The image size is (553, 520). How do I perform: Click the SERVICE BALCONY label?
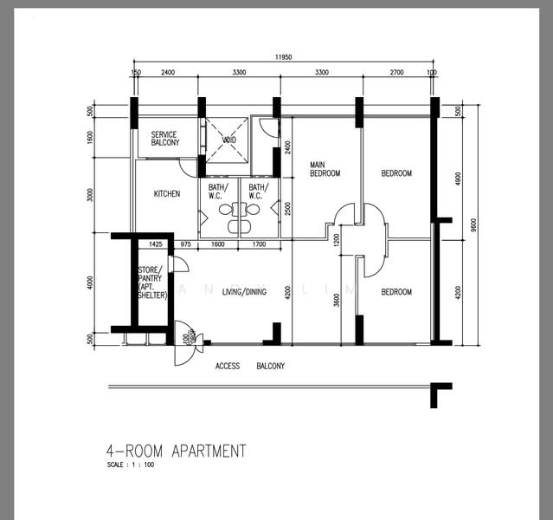[164, 139]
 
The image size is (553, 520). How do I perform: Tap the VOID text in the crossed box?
[229, 140]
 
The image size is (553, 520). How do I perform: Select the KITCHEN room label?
[167, 194]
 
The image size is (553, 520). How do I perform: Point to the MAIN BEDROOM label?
[325, 169]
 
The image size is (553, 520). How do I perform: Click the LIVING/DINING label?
[243, 291]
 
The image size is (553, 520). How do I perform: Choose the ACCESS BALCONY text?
[249, 367]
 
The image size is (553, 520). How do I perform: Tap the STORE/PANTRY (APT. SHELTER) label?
[152, 283]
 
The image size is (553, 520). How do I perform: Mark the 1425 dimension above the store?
[156, 245]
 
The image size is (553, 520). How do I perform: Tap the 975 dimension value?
[185, 245]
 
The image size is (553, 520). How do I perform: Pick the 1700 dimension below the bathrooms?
[259, 245]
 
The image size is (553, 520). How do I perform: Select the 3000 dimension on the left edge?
[90, 195]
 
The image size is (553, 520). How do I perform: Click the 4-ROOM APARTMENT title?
[176, 452]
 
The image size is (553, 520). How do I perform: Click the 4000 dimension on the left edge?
[90, 283]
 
